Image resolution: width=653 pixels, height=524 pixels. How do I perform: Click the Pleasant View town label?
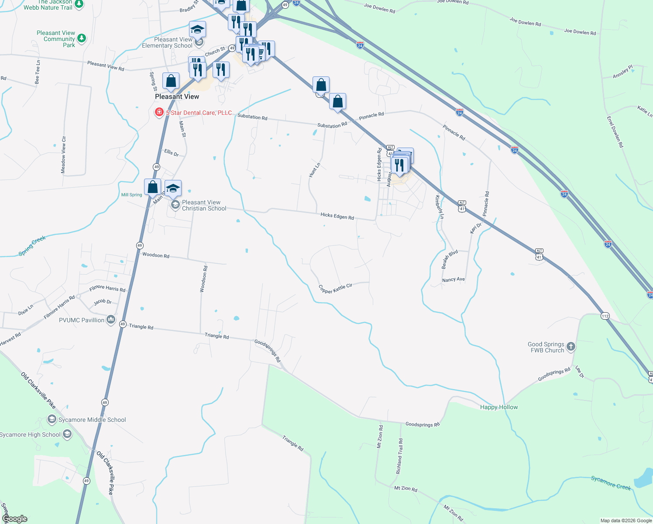click(x=177, y=97)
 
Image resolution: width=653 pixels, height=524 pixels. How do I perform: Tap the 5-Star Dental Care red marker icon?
click(x=159, y=112)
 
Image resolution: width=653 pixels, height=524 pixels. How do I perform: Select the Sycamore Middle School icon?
click(x=52, y=420)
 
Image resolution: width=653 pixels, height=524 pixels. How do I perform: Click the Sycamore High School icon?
click(x=67, y=434)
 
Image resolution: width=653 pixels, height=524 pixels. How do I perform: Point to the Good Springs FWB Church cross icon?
click(x=571, y=347)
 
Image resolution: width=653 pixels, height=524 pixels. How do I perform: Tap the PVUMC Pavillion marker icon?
click(x=111, y=320)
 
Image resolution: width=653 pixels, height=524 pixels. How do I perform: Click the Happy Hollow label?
click(x=499, y=407)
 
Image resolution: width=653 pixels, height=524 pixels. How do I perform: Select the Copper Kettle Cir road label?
click(x=335, y=289)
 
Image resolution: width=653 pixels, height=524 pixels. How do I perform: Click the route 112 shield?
click(x=605, y=316)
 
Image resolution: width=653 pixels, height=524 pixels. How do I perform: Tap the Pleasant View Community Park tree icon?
click(x=81, y=38)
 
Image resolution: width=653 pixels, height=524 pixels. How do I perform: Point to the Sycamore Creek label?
click(x=611, y=483)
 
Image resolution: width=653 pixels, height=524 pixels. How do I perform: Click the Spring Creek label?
click(x=32, y=246)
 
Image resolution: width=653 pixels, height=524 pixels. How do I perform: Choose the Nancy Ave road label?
click(x=454, y=279)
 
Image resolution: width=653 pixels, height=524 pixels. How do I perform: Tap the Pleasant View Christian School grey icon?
click(x=175, y=205)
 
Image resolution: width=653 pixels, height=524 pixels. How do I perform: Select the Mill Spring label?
click(x=131, y=195)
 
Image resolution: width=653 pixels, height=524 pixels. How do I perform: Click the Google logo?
click(x=15, y=519)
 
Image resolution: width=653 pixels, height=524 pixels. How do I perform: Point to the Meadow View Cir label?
click(x=63, y=155)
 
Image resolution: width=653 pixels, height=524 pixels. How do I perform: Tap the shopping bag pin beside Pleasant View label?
click(x=171, y=81)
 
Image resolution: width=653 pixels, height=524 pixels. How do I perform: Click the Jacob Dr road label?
click(x=103, y=301)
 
